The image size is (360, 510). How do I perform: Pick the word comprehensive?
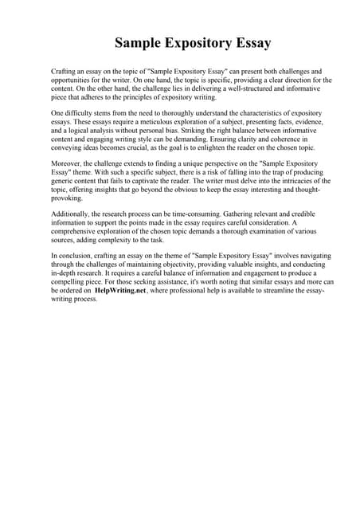point(79,233)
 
